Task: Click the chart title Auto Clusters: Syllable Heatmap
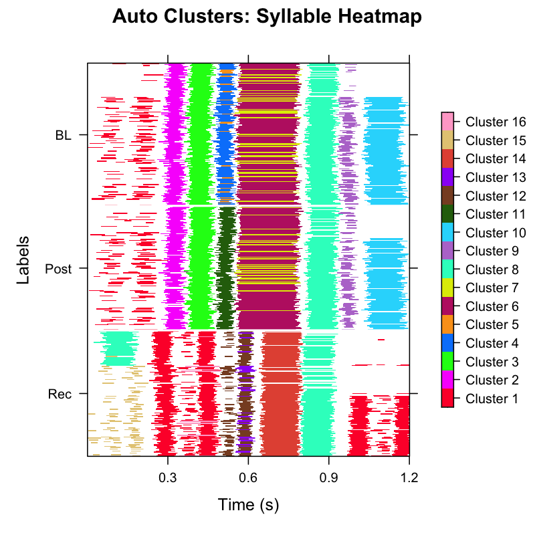[x=267, y=17]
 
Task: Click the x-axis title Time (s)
[x=248, y=504]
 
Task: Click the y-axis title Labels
[x=23, y=260]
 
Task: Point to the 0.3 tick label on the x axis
[x=167, y=478]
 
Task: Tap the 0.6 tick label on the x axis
[x=248, y=478]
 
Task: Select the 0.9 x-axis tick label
[x=328, y=478]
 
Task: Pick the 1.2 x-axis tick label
[x=409, y=478]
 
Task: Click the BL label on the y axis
[x=63, y=135]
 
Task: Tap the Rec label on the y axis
[x=59, y=394]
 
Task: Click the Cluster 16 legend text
[x=496, y=122]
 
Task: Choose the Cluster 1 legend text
[x=493, y=399]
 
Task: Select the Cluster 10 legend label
[x=496, y=233]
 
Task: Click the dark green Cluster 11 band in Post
[x=227, y=267]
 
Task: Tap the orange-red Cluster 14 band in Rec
[x=281, y=395]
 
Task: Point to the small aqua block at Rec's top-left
[x=116, y=347]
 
